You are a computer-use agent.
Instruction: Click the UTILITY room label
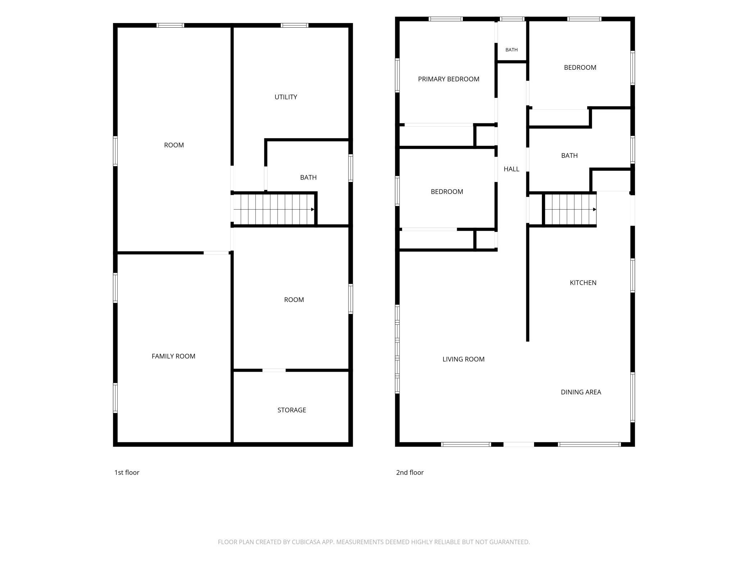click(286, 97)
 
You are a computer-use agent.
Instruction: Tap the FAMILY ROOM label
click(173, 356)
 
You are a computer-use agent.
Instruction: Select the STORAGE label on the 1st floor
click(292, 410)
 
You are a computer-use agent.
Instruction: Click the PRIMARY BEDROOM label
click(448, 79)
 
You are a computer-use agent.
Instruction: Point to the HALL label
click(511, 169)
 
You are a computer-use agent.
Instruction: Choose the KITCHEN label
click(583, 283)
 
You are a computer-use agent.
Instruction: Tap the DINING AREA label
click(581, 392)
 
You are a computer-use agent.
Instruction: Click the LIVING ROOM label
click(463, 359)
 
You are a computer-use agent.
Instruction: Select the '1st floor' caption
click(127, 473)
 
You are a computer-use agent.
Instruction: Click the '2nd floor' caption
click(410, 473)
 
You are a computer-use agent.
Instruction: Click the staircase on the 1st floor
click(274, 209)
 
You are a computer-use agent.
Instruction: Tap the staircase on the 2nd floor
click(570, 209)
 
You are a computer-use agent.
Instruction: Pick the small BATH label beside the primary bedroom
click(511, 50)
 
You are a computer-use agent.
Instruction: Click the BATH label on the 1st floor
click(308, 178)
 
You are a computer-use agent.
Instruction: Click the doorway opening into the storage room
click(274, 370)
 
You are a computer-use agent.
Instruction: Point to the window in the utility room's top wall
click(295, 25)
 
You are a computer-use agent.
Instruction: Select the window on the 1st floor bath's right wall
click(351, 168)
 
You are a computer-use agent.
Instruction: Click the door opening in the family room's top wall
click(216, 253)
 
